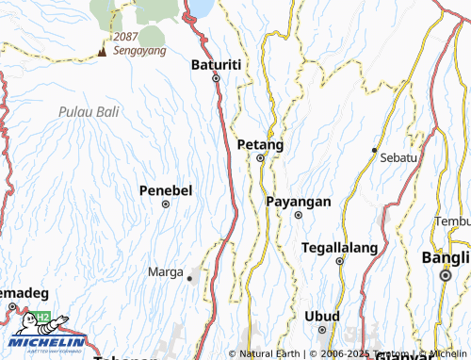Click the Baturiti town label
coord(217,64)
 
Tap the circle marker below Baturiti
coord(216,79)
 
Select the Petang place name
coord(260,144)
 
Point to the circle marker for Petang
coord(261,158)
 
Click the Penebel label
coord(166,190)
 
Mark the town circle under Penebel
coord(166,204)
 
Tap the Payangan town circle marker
coord(298,215)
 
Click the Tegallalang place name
coord(339,248)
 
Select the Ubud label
coord(321,316)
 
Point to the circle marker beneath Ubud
coord(321,330)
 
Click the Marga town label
coord(166,271)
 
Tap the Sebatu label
coord(398,157)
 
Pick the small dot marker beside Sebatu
coord(374,150)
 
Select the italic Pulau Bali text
coord(88,111)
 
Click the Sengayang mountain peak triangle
coord(102,52)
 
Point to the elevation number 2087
coord(125,37)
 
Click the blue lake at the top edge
coord(201,8)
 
